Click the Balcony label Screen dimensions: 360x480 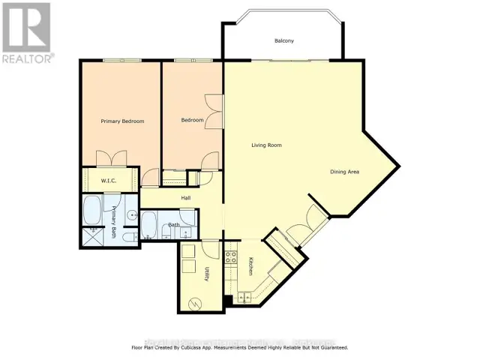point(283,40)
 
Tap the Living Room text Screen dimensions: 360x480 point(266,145)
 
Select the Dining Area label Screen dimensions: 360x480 point(345,172)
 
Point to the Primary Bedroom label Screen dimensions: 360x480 point(122,121)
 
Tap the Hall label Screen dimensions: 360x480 point(185,198)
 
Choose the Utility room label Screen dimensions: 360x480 point(207,274)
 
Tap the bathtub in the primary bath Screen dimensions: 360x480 point(94,211)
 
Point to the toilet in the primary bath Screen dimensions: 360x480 point(128,237)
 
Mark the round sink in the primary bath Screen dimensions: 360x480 point(131,216)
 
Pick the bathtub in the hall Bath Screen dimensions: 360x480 point(148,223)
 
